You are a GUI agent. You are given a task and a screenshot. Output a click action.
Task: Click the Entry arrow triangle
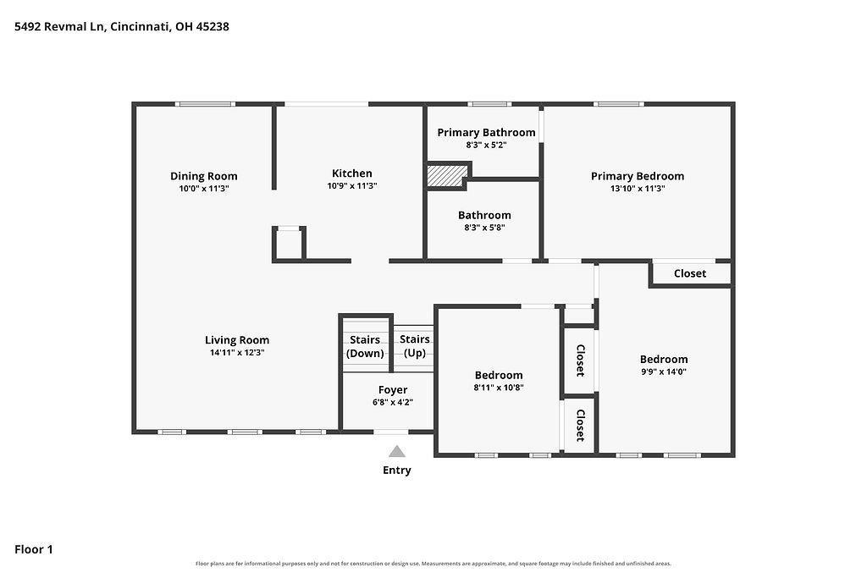tap(396, 451)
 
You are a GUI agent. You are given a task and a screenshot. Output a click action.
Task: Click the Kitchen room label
tap(351, 173)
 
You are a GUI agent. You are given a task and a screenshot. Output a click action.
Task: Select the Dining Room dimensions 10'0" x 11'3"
tap(203, 189)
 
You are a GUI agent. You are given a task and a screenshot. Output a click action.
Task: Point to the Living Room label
tap(237, 340)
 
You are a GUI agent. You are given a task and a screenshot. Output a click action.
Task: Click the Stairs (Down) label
tap(365, 346)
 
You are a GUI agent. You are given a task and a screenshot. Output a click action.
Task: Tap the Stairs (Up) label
tap(415, 346)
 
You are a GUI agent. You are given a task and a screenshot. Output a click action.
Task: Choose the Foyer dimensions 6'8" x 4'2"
tap(393, 402)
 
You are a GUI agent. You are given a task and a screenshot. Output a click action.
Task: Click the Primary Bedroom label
tap(638, 176)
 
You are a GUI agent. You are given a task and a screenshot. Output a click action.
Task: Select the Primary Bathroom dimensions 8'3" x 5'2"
tap(486, 146)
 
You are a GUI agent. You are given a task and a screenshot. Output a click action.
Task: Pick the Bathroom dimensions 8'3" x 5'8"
tap(484, 227)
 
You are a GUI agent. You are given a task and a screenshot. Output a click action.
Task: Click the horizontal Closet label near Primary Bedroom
tap(689, 273)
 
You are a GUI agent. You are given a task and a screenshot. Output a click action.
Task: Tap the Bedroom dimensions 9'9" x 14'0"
tap(664, 372)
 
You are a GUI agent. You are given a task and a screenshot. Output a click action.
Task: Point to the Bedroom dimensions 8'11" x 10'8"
tap(498, 388)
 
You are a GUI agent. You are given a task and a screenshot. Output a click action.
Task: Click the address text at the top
tap(122, 26)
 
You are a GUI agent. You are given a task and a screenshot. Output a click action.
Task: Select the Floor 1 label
tap(34, 549)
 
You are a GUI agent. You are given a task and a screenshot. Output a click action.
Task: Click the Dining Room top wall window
tap(205, 104)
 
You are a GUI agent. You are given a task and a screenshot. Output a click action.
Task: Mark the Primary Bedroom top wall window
tap(619, 104)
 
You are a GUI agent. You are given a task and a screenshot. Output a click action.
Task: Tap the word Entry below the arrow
tap(397, 471)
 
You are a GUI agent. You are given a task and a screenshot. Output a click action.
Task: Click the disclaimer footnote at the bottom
tap(433, 564)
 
